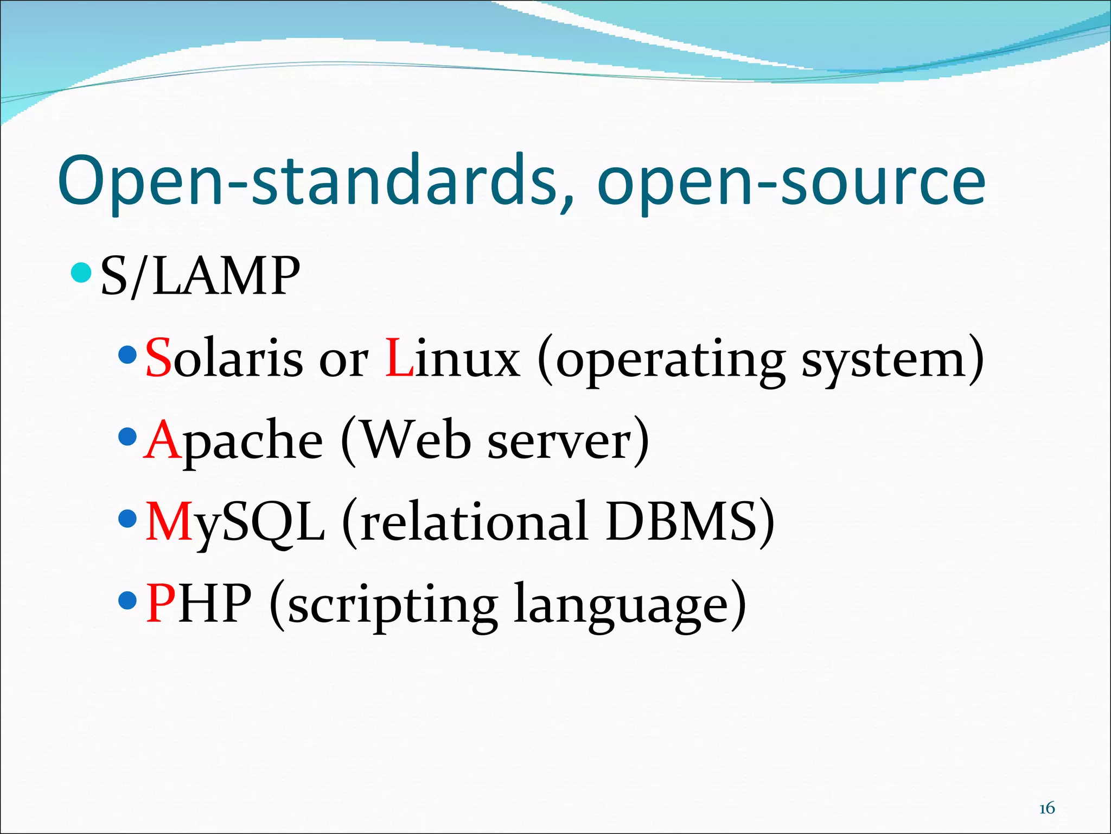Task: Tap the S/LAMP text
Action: pos(200,276)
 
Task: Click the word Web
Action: pos(416,440)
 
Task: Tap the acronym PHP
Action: pos(199,603)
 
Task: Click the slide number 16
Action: pos(1046,808)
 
